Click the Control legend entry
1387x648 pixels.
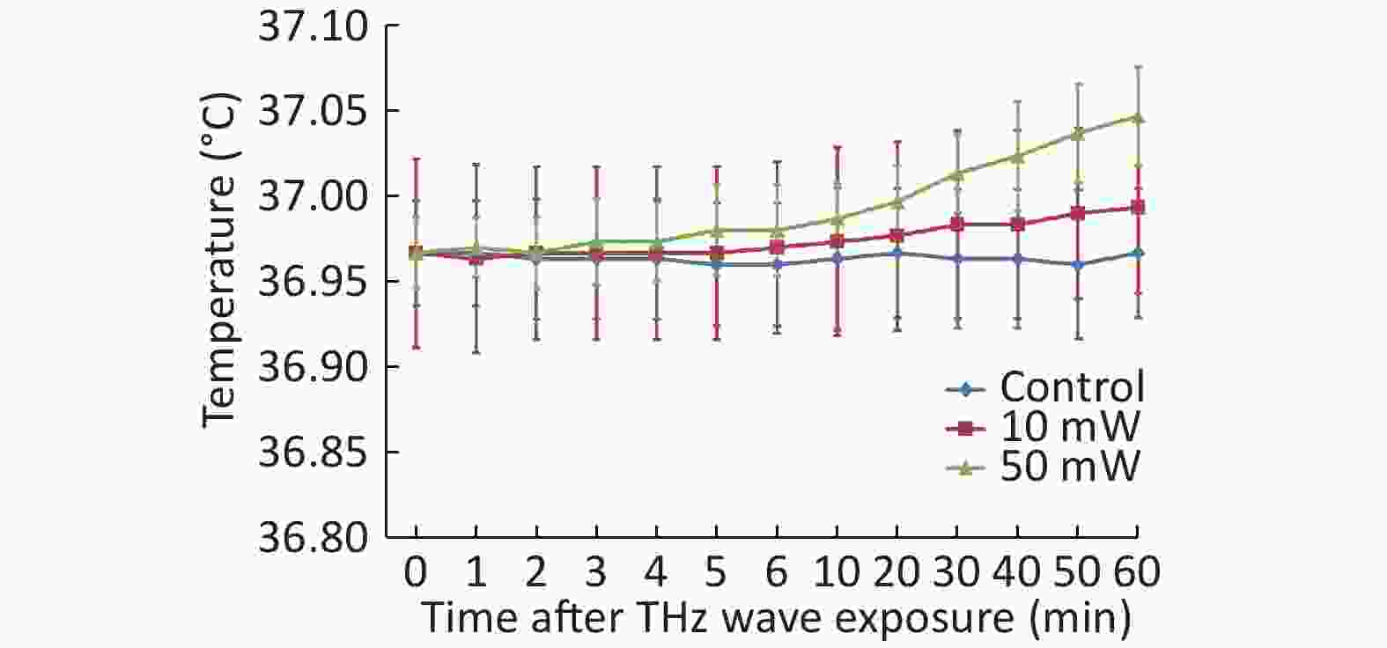coord(1072,387)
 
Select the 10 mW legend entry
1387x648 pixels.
coord(1070,427)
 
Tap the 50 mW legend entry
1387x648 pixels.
coord(1070,466)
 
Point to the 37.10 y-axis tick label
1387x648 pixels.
coord(313,28)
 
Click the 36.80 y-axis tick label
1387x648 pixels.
coord(313,537)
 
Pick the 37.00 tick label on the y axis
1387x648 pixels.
coord(313,197)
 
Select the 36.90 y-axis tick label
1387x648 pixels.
coord(313,367)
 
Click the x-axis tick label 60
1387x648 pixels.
coord(1137,573)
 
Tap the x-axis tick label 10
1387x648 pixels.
coord(836,573)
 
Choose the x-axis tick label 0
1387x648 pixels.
coord(416,573)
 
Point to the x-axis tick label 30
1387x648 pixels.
coord(956,573)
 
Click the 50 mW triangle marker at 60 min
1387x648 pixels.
coord(1137,117)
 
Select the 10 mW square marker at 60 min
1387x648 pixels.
coord(1137,208)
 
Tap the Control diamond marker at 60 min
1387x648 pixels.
coord(1137,254)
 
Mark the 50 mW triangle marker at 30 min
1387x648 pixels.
coord(956,173)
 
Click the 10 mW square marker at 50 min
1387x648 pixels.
coord(1077,213)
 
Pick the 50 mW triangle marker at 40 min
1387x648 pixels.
coord(1017,156)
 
